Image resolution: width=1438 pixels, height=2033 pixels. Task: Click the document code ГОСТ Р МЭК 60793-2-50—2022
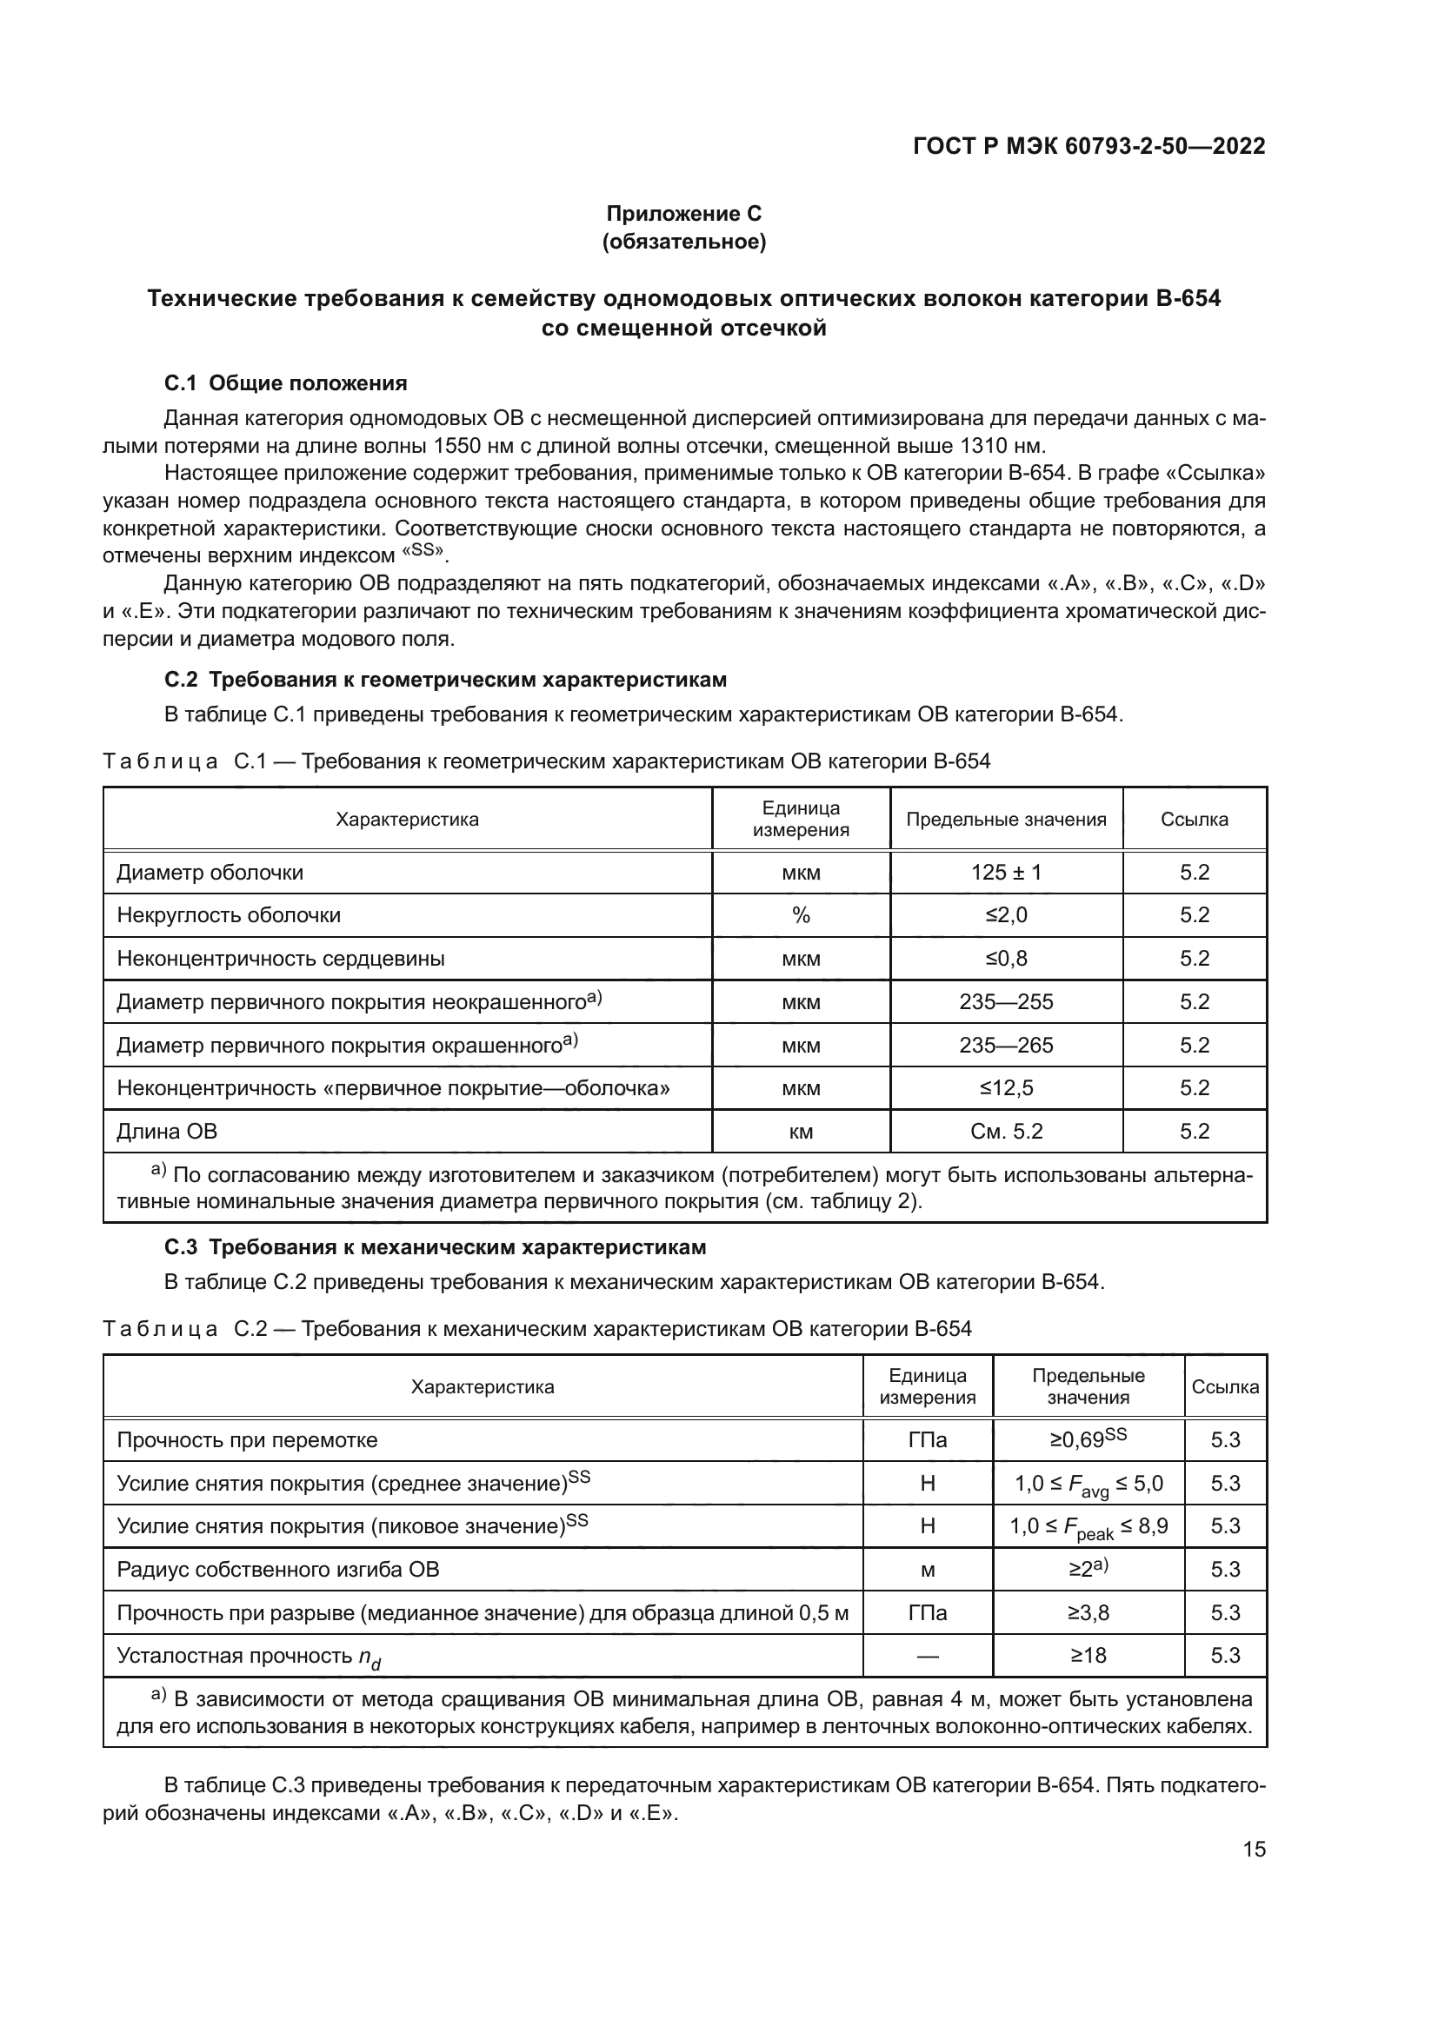click(1088, 146)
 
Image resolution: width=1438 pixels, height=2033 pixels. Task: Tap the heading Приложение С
click(683, 214)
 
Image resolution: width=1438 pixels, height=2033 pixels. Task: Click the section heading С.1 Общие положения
click(286, 383)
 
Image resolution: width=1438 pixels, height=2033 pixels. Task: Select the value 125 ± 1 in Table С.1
click(1006, 872)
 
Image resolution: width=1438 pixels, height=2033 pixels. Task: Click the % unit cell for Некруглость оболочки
click(801, 915)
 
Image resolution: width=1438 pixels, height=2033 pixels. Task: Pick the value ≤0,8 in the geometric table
click(1006, 959)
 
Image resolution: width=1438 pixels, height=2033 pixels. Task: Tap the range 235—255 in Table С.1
click(1006, 1002)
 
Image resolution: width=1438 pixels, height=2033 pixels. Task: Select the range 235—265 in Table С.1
click(1006, 1046)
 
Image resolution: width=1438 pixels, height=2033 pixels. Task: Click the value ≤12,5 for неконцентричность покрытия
click(1006, 1088)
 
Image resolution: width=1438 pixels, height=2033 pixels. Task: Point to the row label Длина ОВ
click(167, 1132)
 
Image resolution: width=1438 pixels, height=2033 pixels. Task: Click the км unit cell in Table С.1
click(801, 1132)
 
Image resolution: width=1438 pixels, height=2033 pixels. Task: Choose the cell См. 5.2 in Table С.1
click(1006, 1132)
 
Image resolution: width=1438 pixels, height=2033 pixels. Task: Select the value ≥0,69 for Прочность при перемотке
click(1088, 1438)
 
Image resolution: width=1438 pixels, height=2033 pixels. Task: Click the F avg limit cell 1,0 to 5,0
click(1088, 1484)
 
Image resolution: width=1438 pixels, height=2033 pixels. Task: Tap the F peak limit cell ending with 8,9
click(1088, 1526)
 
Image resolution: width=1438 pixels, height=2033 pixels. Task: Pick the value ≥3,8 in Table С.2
click(1088, 1613)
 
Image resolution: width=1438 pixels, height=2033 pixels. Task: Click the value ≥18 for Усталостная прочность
click(1088, 1656)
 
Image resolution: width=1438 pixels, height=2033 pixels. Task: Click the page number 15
click(1254, 1850)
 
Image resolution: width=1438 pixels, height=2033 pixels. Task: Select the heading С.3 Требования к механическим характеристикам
click(436, 1247)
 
